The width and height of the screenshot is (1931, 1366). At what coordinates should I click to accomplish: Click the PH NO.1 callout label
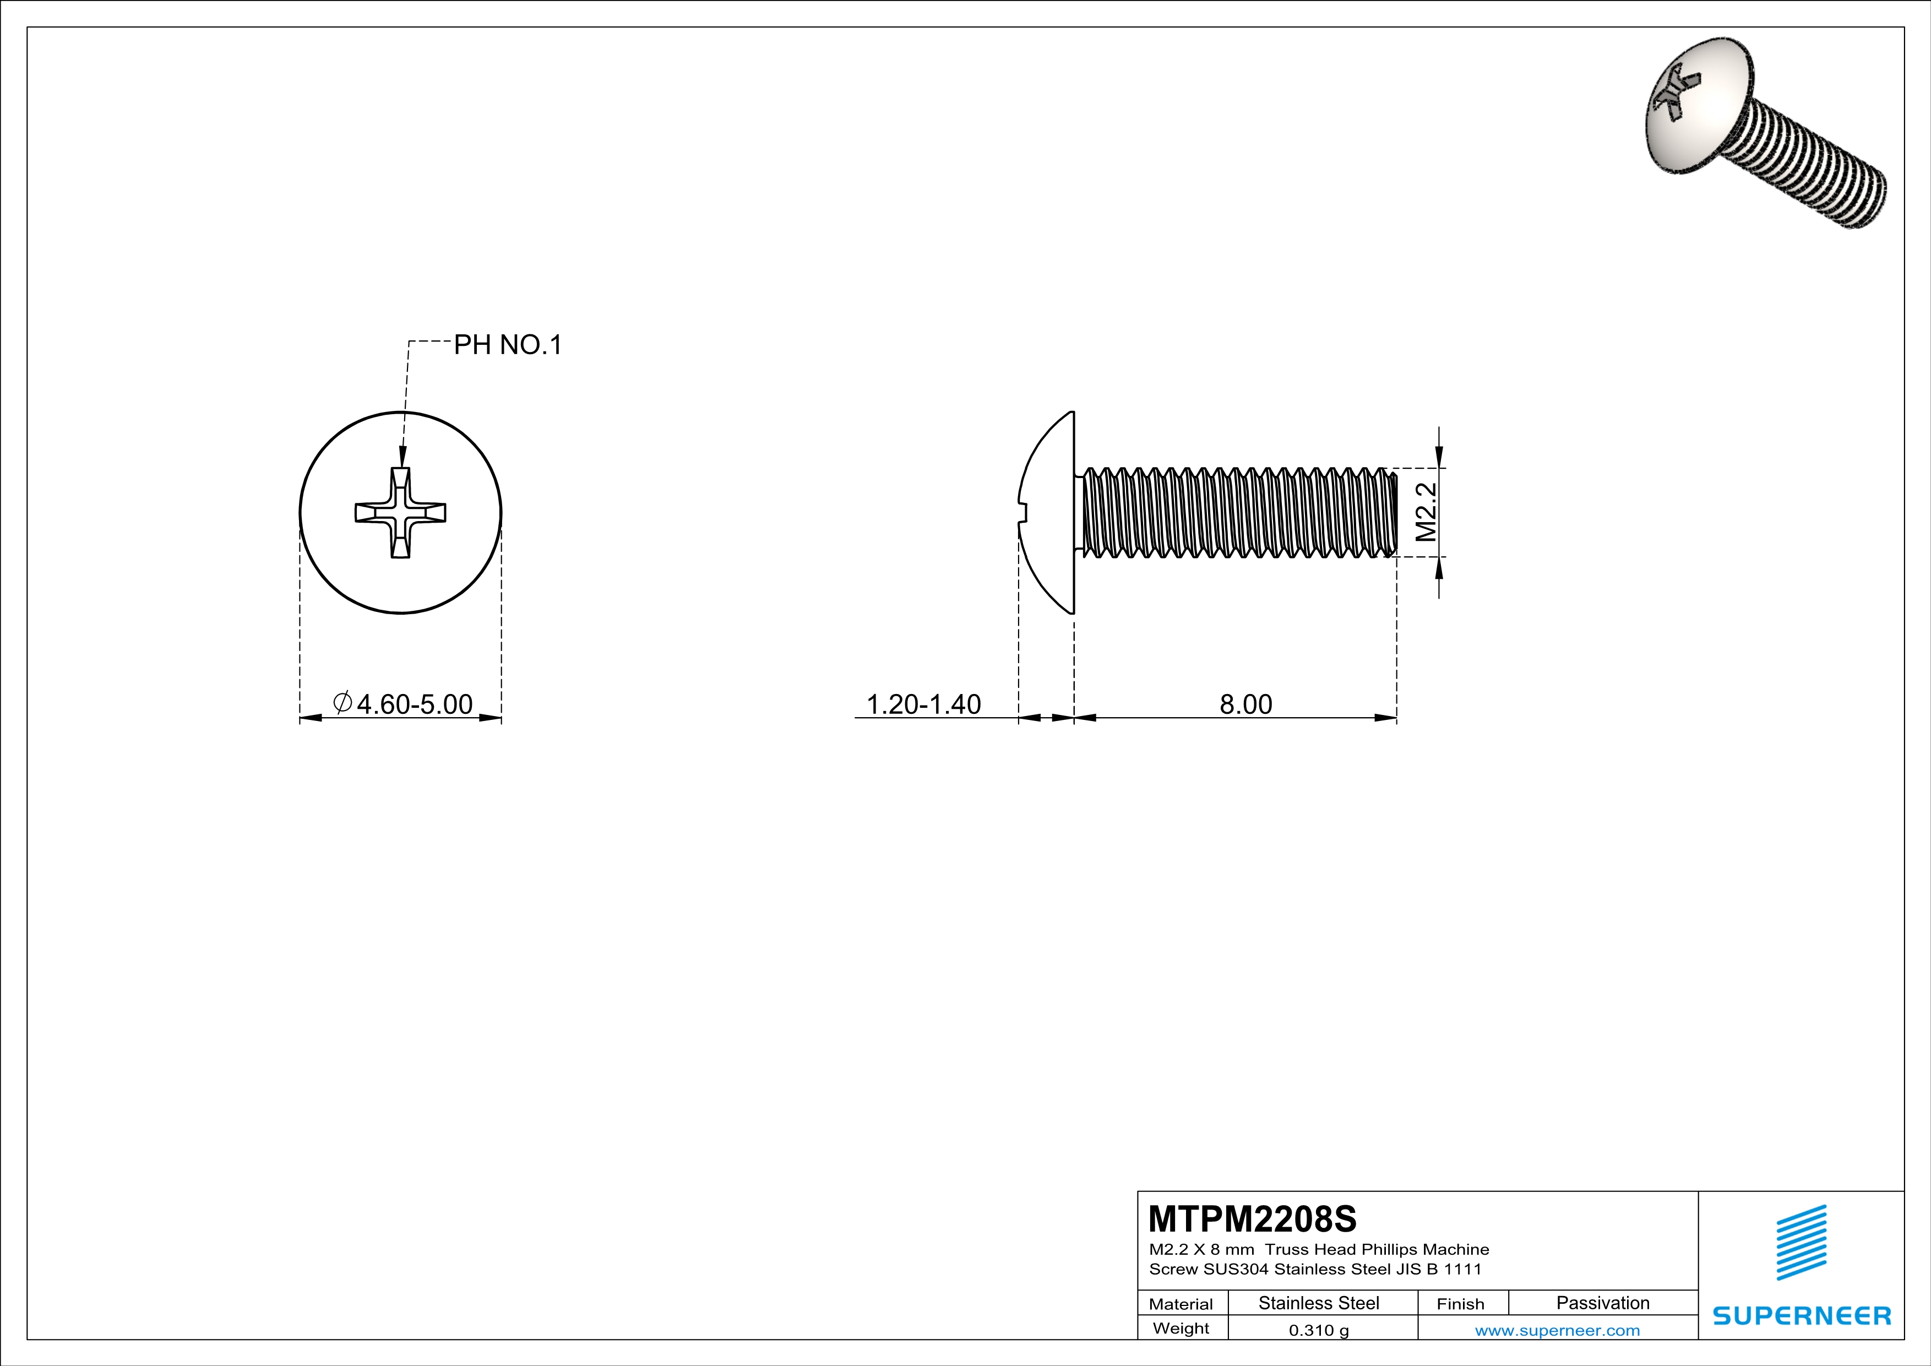pyautogui.click(x=507, y=345)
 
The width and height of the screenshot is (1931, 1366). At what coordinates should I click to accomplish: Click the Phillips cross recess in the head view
pyautogui.click(x=400, y=513)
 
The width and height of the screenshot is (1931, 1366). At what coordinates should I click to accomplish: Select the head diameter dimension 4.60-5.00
pyautogui.click(x=414, y=704)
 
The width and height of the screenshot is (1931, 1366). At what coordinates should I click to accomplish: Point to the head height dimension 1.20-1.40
pyautogui.click(x=923, y=704)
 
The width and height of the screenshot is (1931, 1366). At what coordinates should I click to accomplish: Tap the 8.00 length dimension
pyautogui.click(x=1245, y=704)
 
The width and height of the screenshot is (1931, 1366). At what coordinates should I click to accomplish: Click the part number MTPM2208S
pyautogui.click(x=1252, y=1218)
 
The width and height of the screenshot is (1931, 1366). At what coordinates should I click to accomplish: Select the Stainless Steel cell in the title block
pyautogui.click(x=1319, y=1303)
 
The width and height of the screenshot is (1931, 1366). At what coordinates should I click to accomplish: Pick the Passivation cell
pyautogui.click(x=1602, y=1303)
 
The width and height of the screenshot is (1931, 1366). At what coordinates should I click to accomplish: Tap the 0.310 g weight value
pyautogui.click(x=1319, y=1330)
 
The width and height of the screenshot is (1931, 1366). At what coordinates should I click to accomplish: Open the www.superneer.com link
pyautogui.click(x=1557, y=1330)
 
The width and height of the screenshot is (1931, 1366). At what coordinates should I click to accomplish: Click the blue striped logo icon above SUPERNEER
pyautogui.click(x=1801, y=1243)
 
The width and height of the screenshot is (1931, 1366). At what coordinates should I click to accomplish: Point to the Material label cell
pyautogui.click(x=1181, y=1304)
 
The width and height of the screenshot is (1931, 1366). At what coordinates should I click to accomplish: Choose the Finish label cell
pyautogui.click(x=1460, y=1304)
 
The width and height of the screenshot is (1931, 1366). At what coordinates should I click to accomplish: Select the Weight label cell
pyautogui.click(x=1181, y=1328)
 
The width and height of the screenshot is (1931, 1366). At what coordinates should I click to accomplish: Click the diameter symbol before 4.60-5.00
pyautogui.click(x=342, y=702)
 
